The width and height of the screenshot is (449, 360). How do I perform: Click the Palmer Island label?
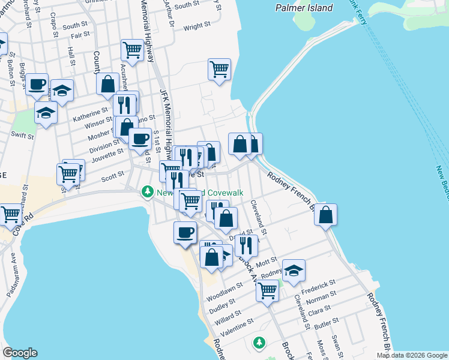[304, 8]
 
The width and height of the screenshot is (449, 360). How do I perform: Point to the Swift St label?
[22, 136]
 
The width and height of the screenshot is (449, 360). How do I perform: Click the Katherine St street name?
[91, 112]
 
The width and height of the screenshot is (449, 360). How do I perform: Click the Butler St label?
[327, 322]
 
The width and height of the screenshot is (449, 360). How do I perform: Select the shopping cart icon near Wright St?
[220, 69]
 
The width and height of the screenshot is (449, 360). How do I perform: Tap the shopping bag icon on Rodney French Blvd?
[325, 215]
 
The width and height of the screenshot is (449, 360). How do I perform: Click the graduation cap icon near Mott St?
[294, 270]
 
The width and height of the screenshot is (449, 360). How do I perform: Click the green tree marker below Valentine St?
[259, 343]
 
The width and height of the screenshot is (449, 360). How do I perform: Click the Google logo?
[20, 353]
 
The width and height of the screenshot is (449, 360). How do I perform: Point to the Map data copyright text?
[411, 355]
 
